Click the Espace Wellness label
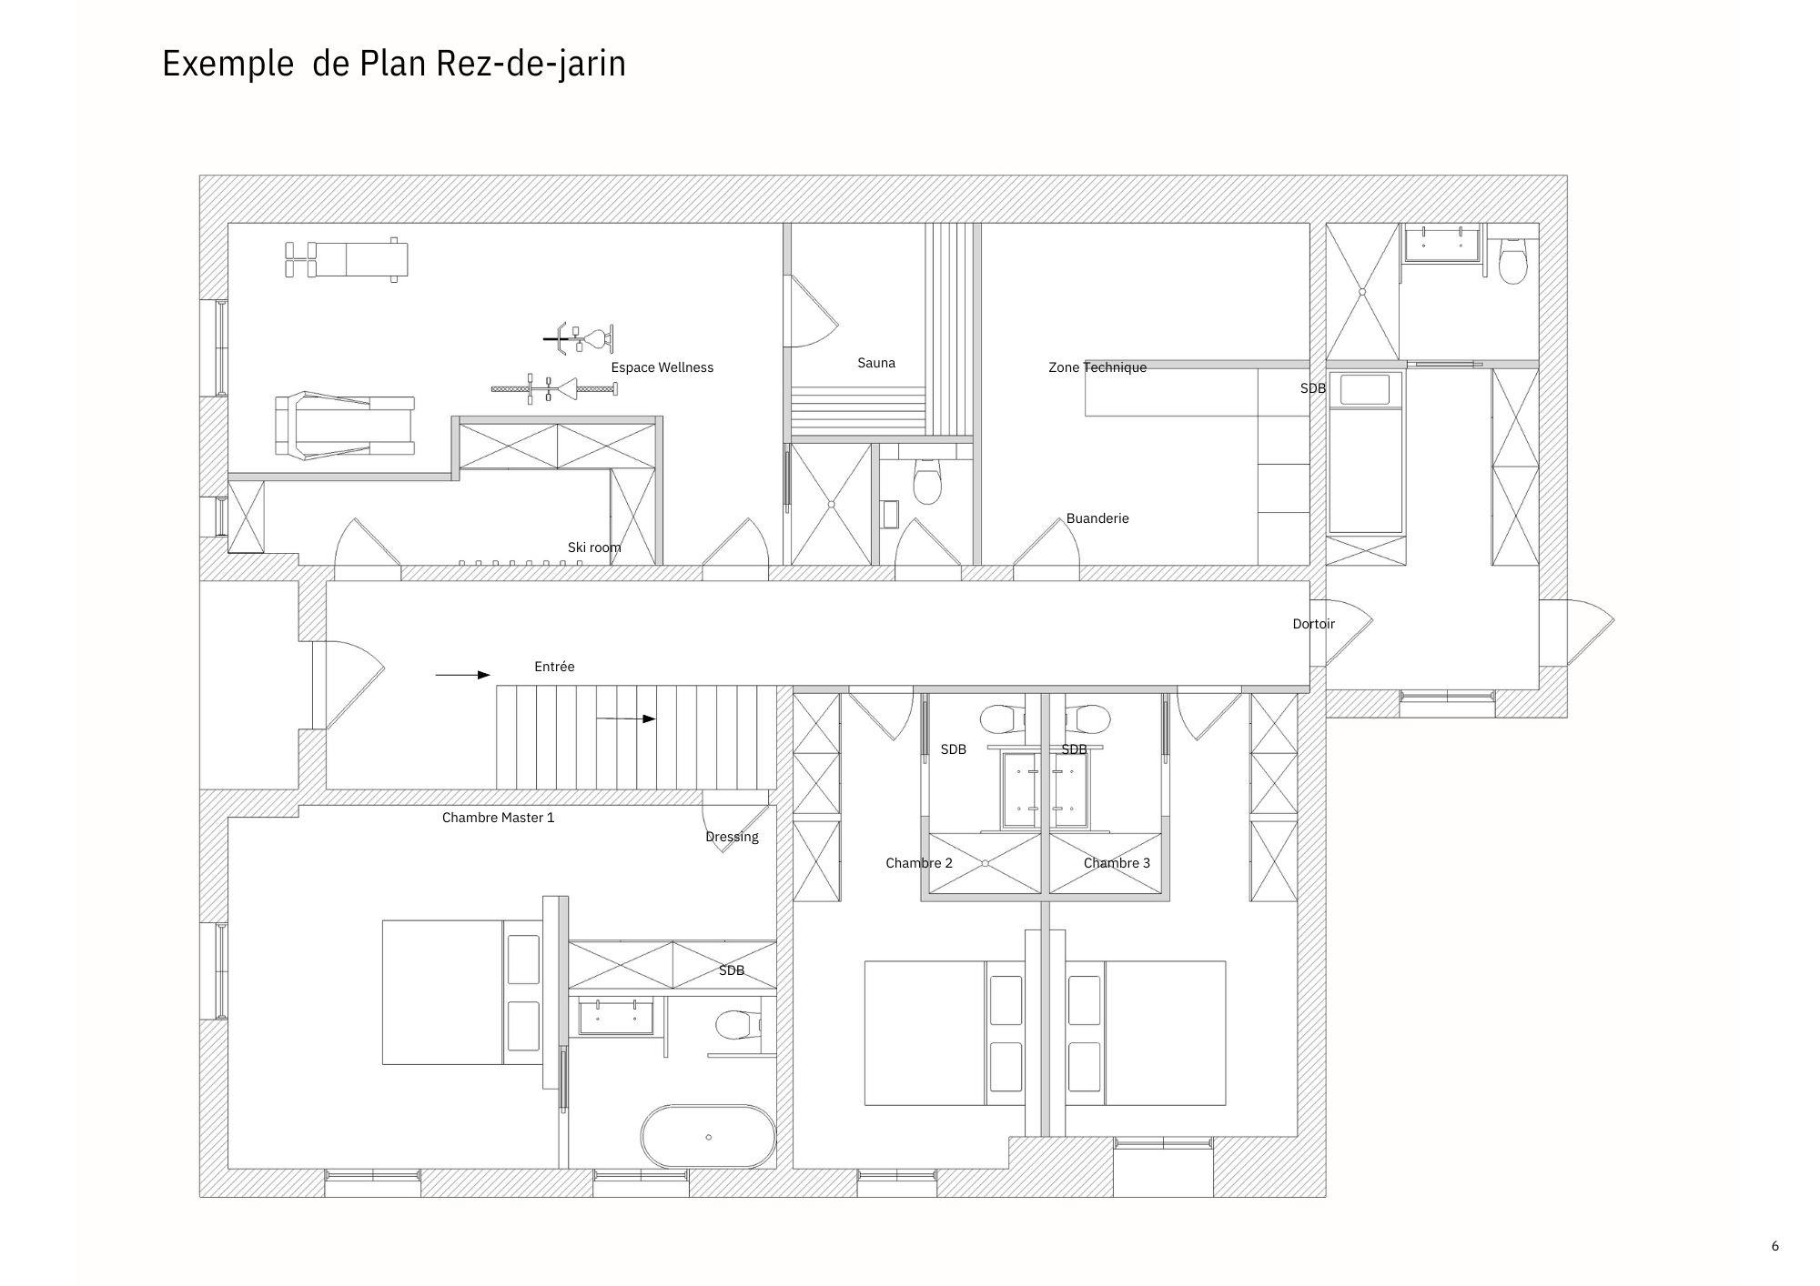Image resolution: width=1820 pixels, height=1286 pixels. coord(662,367)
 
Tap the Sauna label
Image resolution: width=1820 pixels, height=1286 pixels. coord(876,363)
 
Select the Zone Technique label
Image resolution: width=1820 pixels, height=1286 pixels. coord(1097,367)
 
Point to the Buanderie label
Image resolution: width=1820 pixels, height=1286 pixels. coord(1097,518)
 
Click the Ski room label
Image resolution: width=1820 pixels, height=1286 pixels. coord(594,548)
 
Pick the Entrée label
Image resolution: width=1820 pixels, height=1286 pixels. coord(554,667)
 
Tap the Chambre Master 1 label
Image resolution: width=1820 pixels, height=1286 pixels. coord(498,818)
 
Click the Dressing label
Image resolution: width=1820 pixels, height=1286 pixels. coord(732,837)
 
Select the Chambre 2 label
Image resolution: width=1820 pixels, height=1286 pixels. coord(919,863)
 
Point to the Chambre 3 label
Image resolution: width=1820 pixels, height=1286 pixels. coord(1117,863)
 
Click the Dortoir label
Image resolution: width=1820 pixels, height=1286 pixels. coord(1314,624)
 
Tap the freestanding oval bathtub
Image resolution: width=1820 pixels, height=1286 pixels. coord(709,1136)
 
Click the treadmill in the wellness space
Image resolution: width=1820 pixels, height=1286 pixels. coord(345,425)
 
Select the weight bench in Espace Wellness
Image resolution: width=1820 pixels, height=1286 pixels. coord(347,259)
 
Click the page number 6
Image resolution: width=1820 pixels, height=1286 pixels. coord(1774,1246)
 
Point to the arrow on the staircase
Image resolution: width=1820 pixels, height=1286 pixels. coord(626,718)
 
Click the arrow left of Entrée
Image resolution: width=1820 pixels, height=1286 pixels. coord(463,675)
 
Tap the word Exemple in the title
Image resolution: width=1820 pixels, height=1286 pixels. coord(227,65)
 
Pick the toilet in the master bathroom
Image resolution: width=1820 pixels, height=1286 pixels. coord(738,1026)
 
